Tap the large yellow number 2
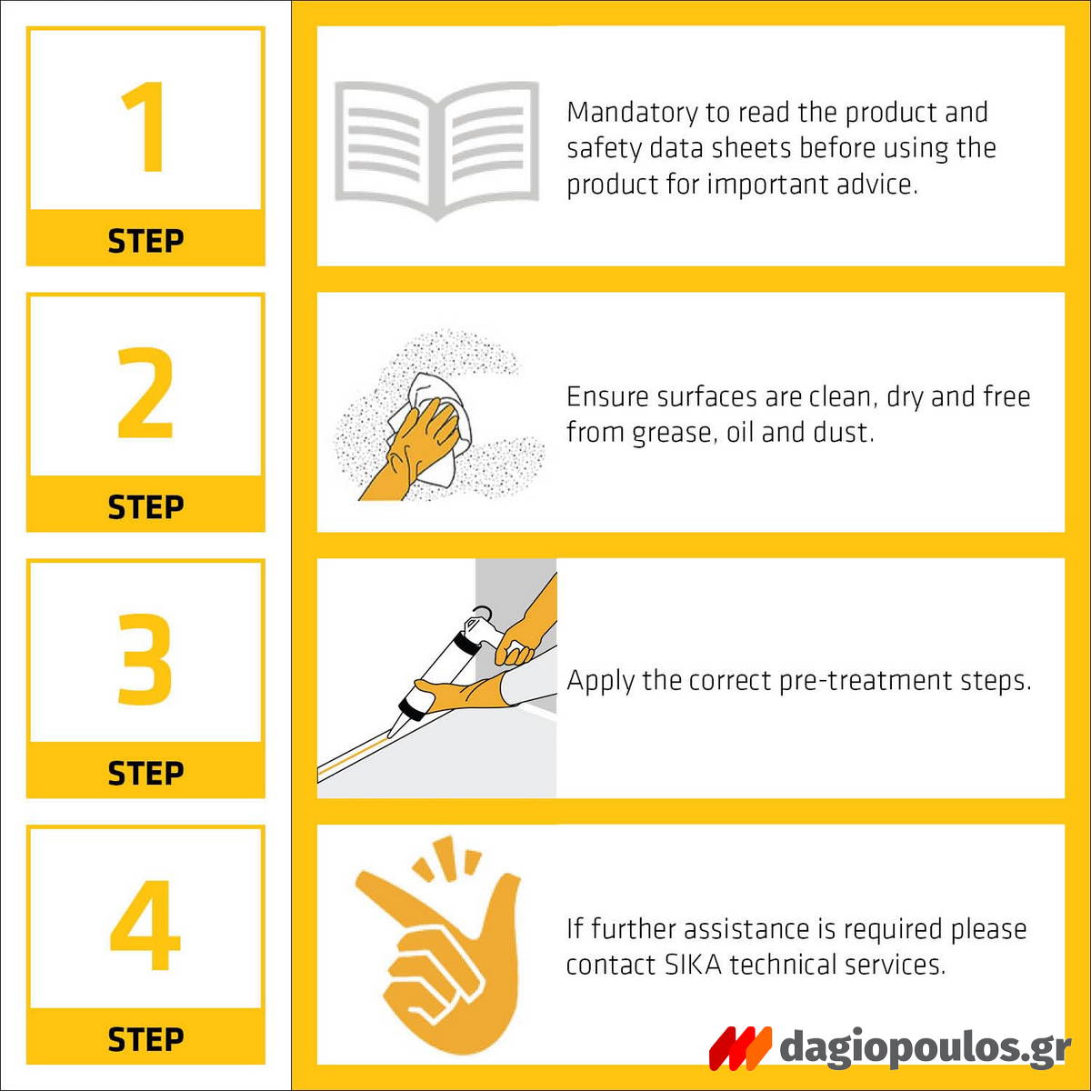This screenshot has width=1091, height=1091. point(145,393)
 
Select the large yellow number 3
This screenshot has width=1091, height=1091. point(145,658)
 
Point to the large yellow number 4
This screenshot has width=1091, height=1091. point(145,925)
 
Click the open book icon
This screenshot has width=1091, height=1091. point(436,150)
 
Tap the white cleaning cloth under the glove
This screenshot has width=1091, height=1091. point(436,425)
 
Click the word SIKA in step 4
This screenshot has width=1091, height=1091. point(694,965)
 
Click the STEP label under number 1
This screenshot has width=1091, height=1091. point(145,241)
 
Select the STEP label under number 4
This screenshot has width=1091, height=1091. point(145,1039)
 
